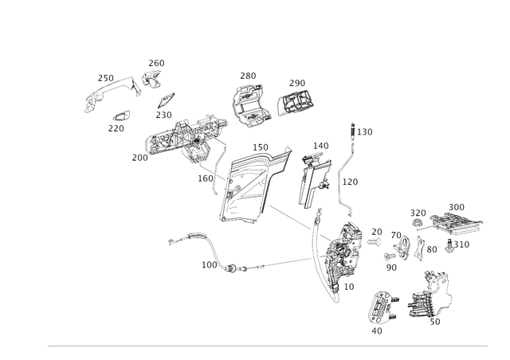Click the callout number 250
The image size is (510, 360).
point(106,78)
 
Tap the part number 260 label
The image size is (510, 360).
point(156,63)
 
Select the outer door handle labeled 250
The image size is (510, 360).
point(112,94)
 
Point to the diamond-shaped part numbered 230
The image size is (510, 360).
point(166,100)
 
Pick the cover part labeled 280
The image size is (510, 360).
point(251,104)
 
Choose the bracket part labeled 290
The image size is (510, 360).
point(296,102)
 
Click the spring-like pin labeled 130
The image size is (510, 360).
point(352,131)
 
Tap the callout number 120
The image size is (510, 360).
point(350,182)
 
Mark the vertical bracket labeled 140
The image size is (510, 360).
point(314,182)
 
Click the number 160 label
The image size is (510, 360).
point(206,178)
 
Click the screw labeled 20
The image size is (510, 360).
point(374,242)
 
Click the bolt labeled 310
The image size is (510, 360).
point(449,246)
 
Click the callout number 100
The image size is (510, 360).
point(209,265)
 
